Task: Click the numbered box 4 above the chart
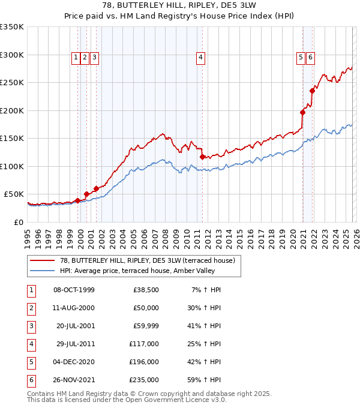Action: tap(200, 58)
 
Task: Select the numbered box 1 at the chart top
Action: tap(76, 58)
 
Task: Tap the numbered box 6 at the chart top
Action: tap(310, 58)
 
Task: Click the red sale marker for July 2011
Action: tap(202, 157)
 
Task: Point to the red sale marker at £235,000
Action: tap(313, 91)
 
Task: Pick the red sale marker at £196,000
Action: tap(302, 112)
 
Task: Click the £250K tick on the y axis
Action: tap(12, 83)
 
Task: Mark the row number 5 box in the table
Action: tap(31, 362)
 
